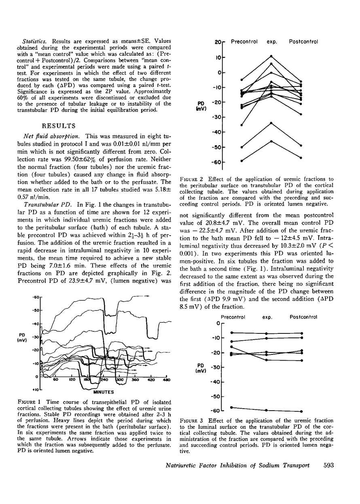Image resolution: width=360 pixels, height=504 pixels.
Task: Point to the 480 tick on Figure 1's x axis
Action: (x=166, y=380)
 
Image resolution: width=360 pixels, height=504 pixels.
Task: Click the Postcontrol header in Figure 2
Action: (x=304, y=42)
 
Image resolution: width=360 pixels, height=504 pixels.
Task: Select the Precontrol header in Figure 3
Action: (x=233, y=317)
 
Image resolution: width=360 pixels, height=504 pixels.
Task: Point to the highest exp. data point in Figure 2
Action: (x=271, y=56)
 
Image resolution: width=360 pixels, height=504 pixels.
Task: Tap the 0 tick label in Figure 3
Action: (x=218, y=323)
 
